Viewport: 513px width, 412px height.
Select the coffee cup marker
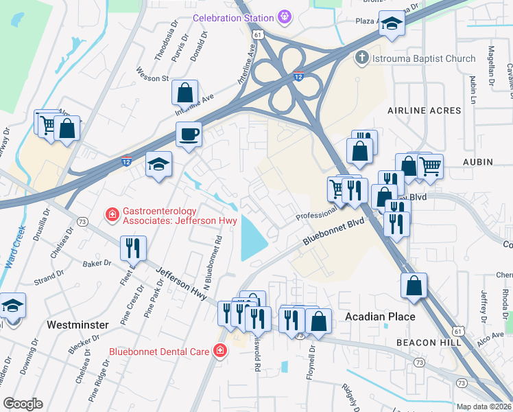189,135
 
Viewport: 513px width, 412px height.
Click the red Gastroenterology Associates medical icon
111,216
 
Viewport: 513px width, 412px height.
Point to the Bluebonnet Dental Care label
159,352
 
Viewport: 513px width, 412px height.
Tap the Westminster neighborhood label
77,323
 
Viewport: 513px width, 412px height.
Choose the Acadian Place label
379,317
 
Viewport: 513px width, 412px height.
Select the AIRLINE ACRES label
421,110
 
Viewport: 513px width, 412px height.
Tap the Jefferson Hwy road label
181,283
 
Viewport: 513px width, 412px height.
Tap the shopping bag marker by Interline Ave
184,92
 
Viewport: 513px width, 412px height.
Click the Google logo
23,404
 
